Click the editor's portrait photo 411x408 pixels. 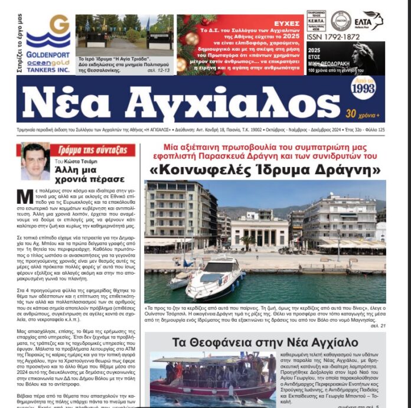tap(35, 161)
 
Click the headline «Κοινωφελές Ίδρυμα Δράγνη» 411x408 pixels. tap(265, 170)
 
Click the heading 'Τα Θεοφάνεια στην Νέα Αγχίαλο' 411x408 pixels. tap(265, 342)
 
